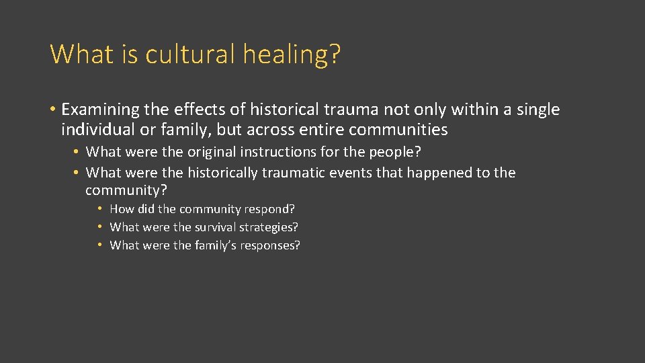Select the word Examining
tap(99, 110)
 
